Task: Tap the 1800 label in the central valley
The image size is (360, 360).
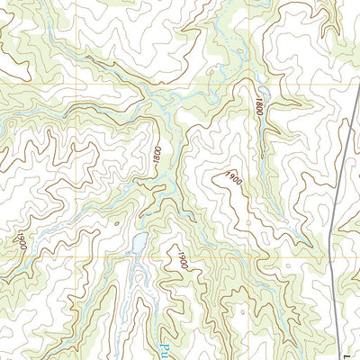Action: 157,154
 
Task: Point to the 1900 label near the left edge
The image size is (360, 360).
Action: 19,242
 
